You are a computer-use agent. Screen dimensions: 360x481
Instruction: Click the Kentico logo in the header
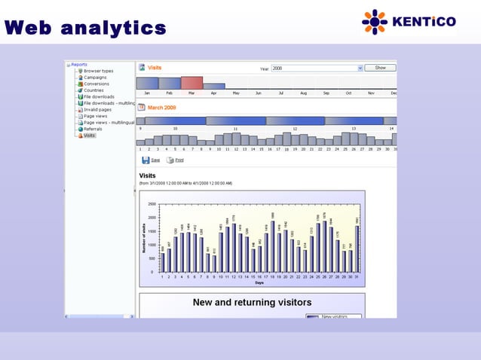coord(409,22)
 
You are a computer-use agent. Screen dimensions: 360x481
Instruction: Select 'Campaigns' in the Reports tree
coord(95,78)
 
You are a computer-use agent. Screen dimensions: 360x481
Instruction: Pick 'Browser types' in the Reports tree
coord(98,71)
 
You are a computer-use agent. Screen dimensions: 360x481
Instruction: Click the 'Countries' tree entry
coord(93,90)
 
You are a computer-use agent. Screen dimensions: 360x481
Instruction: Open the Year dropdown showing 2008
coord(317,68)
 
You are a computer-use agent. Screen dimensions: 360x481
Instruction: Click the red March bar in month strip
coord(191,83)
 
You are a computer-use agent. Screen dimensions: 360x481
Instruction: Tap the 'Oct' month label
coord(348,93)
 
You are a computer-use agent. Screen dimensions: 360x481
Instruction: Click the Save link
coord(155,160)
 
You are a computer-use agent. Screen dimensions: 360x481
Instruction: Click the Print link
coord(179,160)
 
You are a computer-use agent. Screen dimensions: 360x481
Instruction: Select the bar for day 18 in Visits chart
coord(272,246)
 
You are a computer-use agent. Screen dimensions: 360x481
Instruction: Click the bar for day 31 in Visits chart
coord(356,249)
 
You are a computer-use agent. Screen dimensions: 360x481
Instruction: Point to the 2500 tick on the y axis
coord(152,204)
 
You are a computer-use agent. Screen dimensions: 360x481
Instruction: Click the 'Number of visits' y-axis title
coord(144,237)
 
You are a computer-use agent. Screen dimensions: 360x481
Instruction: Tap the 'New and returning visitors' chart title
coord(252,303)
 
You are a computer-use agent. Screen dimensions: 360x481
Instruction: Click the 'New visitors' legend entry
coord(335,317)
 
